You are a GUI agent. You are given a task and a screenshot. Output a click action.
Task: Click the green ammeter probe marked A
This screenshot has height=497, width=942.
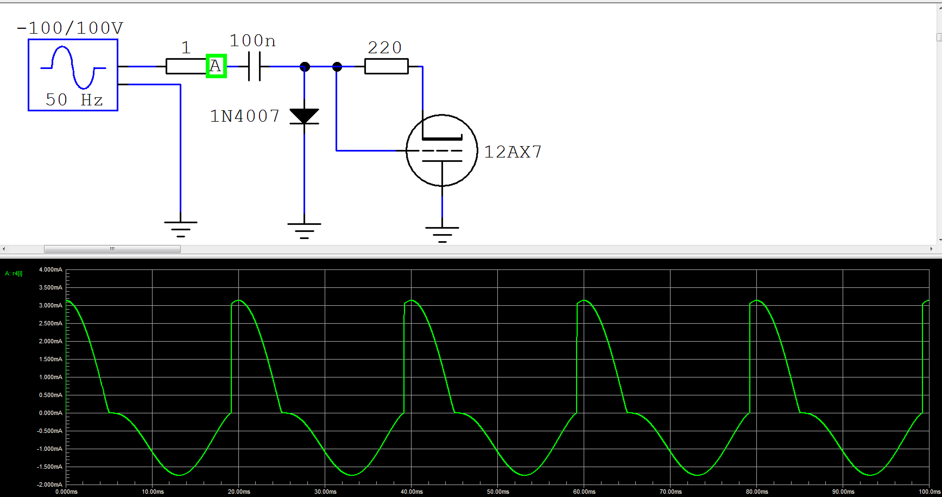click(216, 66)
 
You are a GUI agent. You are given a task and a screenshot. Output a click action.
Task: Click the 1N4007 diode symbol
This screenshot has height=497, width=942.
click(304, 116)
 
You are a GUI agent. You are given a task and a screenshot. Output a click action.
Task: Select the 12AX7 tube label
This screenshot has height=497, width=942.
click(513, 152)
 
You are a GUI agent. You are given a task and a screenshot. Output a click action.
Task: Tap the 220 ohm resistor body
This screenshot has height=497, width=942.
click(386, 66)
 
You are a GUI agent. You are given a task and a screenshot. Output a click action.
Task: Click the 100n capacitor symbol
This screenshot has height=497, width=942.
click(254, 66)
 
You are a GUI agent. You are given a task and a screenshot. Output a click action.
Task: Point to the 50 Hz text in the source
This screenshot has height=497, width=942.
click(74, 100)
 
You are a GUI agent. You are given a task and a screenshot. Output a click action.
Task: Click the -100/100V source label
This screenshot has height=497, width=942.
click(70, 28)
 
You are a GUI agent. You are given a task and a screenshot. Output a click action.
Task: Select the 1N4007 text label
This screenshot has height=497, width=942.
click(244, 116)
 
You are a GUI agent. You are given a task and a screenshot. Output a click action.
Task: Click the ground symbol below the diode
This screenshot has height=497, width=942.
click(304, 230)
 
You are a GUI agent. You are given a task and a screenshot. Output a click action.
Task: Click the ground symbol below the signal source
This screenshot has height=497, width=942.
click(180, 229)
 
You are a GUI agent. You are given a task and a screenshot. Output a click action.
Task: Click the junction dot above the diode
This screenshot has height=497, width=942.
click(305, 67)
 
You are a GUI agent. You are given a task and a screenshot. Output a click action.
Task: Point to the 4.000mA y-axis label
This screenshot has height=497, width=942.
click(50, 269)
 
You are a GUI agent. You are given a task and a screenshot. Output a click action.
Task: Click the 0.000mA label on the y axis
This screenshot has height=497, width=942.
click(50, 413)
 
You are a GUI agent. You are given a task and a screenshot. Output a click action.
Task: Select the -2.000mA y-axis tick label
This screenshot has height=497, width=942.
click(49, 485)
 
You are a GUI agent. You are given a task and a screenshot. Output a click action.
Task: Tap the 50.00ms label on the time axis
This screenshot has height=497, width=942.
click(498, 492)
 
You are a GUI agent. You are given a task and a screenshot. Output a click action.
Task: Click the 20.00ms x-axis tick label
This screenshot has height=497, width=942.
click(239, 492)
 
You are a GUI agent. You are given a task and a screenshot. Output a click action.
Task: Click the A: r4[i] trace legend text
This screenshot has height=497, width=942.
click(14, 274)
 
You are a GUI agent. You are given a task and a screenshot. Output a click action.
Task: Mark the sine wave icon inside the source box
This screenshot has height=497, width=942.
click(73, 67)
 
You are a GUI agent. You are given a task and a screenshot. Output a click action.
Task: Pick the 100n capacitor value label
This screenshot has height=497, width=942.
click(252, 41)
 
